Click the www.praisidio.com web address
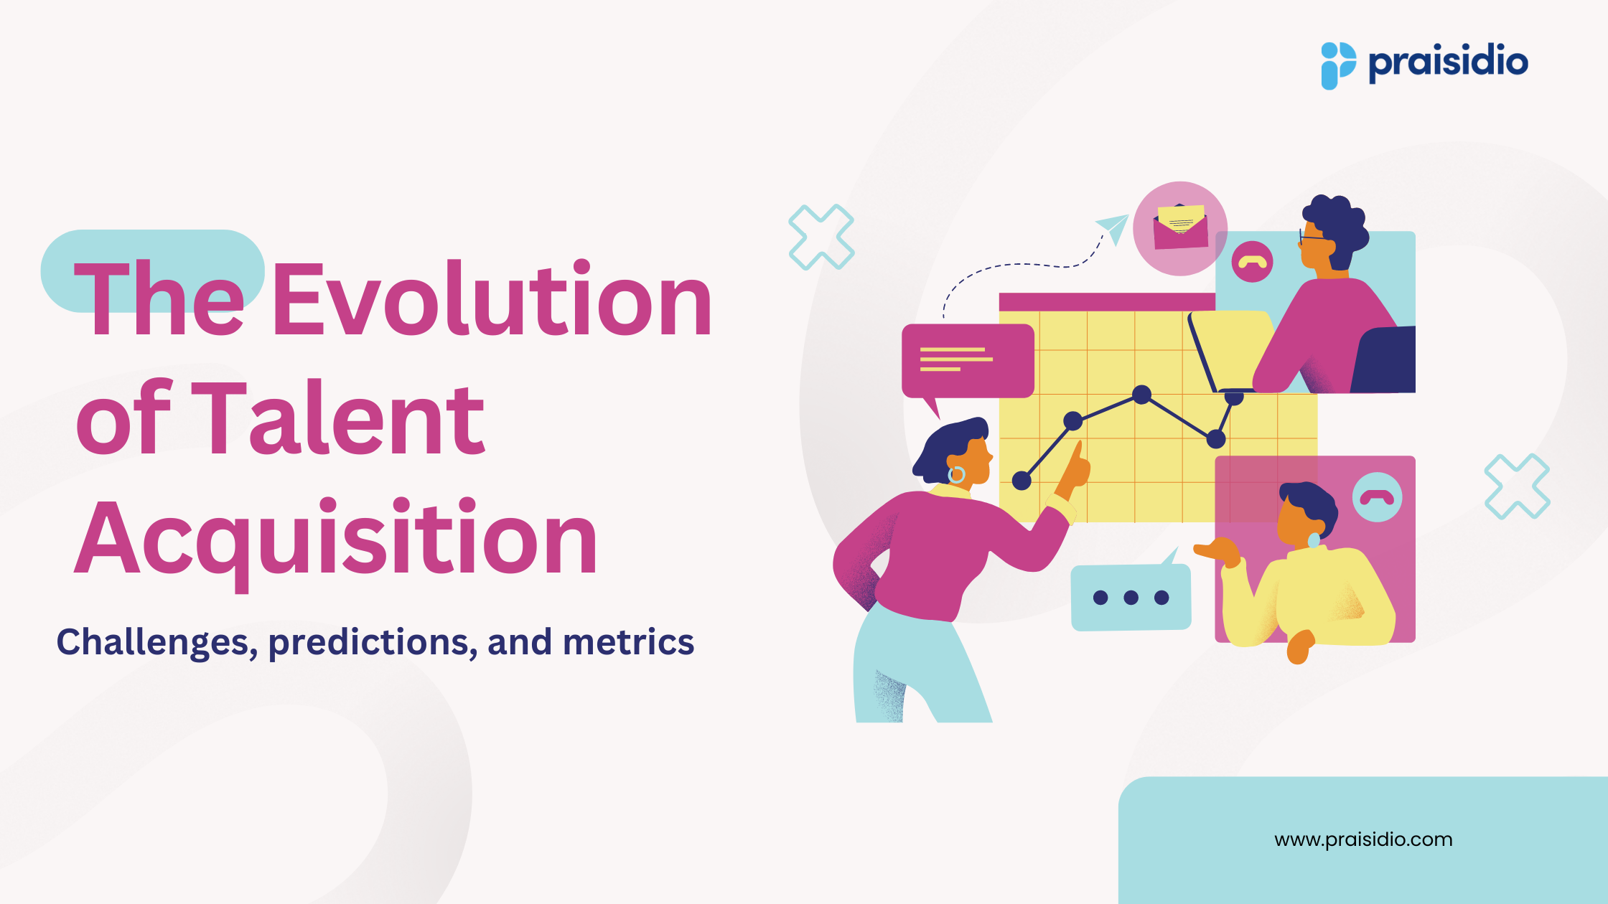tap(1363, 839)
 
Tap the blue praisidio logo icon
tap(1338, 65)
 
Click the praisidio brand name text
tap(1448, 63)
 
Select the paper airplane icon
tap(1113, 228)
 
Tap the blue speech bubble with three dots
tap(1131, 597)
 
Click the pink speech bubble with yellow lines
tap(967, 360)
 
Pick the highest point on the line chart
tap(1141, 394)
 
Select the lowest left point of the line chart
tap(1022, 481)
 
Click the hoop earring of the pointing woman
tap(957, 474)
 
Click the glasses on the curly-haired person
tap(1310, 237)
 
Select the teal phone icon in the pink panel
tap(1377, 497)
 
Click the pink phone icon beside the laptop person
tap(1252, 262)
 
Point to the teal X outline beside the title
tap(821, 237)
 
